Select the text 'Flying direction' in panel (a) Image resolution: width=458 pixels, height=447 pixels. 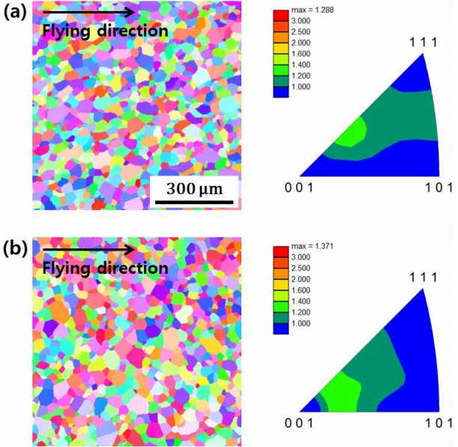[x=105, y=31]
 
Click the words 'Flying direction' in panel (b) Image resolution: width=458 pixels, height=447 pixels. [x=105, y=268]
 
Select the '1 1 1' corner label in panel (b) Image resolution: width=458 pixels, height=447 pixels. [x=423, y=277]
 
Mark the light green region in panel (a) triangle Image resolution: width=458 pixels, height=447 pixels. [x=350, y=133]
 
